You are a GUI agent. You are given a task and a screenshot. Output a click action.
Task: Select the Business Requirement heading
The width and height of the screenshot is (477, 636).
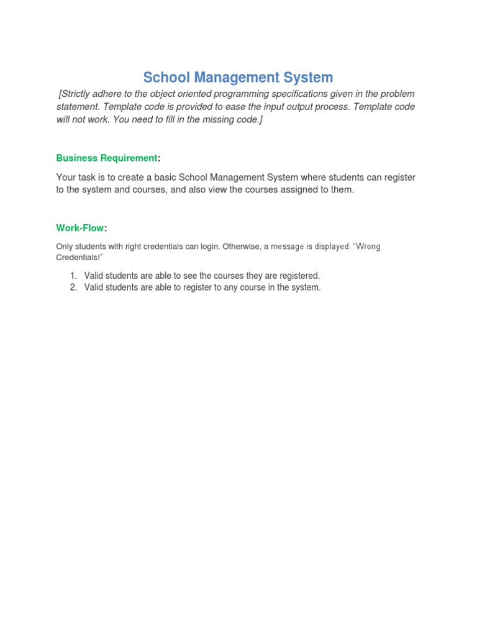coord(107,158)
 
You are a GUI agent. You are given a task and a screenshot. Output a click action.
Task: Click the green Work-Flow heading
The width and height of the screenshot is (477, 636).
coord(80,228)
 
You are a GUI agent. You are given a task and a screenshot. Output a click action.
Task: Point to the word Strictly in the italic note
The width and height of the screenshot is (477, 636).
coord(78,94)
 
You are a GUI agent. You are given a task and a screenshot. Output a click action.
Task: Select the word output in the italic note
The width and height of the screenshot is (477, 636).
coord(302,107)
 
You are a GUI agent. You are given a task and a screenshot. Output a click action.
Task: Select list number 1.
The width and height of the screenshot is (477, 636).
coord(73,275)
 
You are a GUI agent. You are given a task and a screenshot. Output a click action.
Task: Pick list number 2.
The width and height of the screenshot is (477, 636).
coord(73,288)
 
